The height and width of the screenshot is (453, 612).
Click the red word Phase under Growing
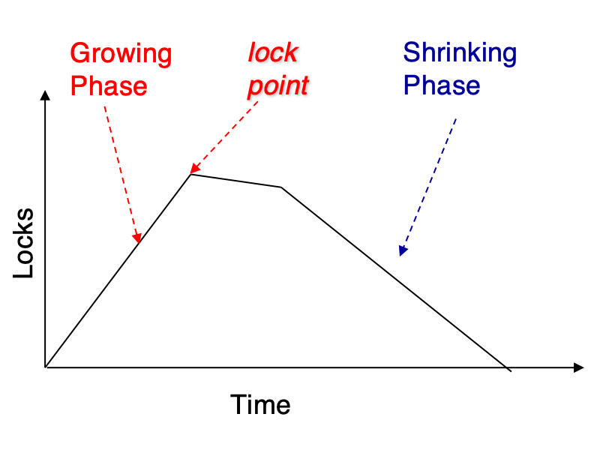(x=109, y=85)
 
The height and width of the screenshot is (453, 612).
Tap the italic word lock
(x=274, y=52)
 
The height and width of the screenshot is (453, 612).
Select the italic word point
(x=279, y=85)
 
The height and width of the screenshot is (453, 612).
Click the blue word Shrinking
(x=460, y=53)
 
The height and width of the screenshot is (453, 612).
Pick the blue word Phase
(x=442, y=85)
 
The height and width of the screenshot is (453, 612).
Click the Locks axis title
(x=23, y=243)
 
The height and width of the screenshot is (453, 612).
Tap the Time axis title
(x=260, y=404)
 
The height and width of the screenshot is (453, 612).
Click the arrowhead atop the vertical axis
(x=45, y=95)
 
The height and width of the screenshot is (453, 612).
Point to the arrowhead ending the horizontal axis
(x=579, y=367)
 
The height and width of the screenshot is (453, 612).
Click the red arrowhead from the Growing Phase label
(x=137, y=238)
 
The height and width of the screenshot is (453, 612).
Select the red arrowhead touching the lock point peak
(x=194, y=169)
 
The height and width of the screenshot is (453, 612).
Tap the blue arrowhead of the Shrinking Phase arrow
(x=403, y=250)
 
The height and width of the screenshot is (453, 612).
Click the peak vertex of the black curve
(x=190, y=175)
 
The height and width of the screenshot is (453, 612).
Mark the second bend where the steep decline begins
(x=281, y=187)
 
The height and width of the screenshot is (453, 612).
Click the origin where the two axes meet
(x=46, y=367)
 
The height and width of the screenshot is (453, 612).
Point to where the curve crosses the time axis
(x=505, y=367)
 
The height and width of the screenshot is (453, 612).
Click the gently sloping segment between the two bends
(x=236, y=181)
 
